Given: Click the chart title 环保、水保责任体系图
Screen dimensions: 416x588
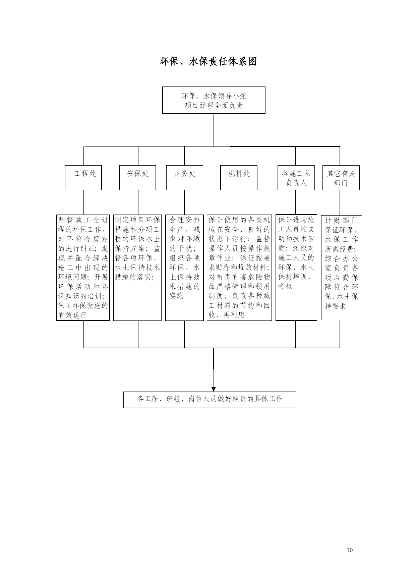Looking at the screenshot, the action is coord(208,61).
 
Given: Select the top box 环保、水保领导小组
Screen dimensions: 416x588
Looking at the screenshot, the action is coord(214,100).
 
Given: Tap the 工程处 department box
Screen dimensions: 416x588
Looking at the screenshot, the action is coord(83,177).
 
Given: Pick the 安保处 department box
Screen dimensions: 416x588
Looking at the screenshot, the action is coord(137,177).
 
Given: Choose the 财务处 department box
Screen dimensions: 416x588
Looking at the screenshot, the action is coord(185,177).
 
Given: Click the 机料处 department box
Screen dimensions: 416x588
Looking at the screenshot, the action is coord(239,177).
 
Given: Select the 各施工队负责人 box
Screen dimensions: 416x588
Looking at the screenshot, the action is coord(296,177).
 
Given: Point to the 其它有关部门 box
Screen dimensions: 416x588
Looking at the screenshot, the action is coord(341,177).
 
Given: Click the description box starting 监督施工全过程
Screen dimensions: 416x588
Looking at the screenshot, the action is coord(83,268).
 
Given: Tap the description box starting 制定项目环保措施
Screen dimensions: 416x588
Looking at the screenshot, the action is coord(137,268).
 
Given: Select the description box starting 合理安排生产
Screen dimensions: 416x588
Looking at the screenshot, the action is coord(184,268).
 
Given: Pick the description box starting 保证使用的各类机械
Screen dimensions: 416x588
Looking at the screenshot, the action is coord(239,268).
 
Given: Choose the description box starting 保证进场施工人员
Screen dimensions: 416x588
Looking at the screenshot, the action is coord(296,268).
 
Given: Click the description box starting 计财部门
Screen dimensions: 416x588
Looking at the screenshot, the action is coord(341,268).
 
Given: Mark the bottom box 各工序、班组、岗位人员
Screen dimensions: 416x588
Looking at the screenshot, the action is coord(210,400).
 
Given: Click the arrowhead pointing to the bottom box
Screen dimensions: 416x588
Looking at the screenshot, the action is coord(214,389).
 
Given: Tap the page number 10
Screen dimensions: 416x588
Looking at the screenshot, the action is coord(350,550).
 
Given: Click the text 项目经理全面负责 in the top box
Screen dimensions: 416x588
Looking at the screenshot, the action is coord(214,106).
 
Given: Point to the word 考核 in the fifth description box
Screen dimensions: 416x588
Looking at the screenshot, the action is coord(285,286).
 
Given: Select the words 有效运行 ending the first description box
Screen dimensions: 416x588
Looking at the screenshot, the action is coord(72,315).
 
